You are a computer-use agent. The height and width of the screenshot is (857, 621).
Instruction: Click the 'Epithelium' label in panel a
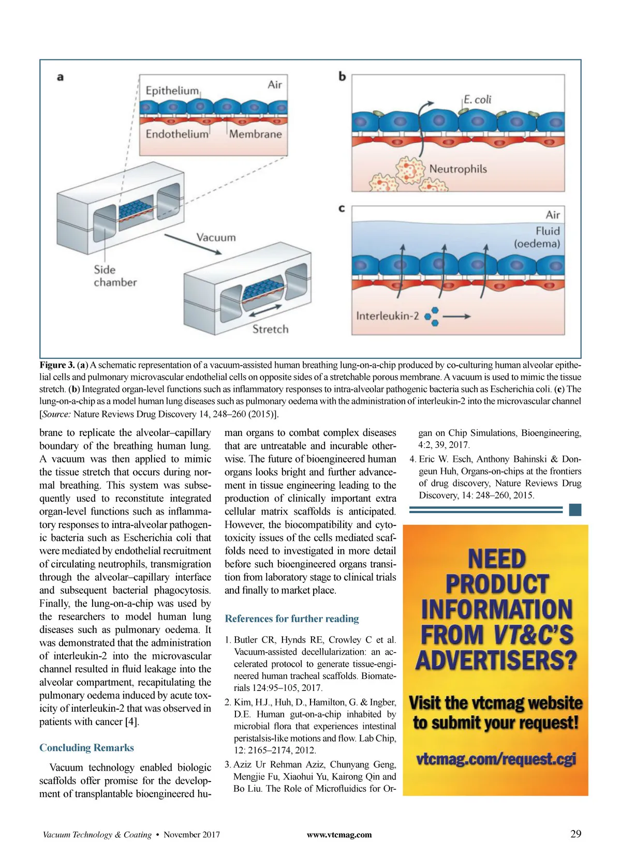172,91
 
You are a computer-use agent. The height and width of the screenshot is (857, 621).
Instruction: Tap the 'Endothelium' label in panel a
176,134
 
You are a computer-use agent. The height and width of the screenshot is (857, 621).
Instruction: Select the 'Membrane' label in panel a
256,134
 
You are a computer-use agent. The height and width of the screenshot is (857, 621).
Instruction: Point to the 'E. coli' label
477,99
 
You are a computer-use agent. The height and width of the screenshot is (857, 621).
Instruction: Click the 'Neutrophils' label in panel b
458,169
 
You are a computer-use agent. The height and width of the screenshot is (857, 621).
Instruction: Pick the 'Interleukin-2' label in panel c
387,316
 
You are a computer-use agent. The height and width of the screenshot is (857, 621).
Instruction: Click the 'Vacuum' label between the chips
216,237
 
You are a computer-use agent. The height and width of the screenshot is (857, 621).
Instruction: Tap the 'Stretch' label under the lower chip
270,329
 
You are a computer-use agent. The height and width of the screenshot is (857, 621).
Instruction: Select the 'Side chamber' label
115,276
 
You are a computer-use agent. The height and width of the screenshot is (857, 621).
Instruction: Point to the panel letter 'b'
342,77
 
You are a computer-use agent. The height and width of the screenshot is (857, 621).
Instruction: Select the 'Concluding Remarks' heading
86,748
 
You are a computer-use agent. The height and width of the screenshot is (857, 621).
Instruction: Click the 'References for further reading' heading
292,619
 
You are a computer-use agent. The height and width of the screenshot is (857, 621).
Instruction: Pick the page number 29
575,834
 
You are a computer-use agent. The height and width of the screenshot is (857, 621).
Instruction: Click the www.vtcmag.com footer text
339,834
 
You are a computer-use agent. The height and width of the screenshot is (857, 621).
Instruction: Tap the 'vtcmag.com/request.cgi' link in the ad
496,759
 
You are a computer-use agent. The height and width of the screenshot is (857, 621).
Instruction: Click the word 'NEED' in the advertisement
497,560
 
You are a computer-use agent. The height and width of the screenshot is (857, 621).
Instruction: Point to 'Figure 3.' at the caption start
57,365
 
